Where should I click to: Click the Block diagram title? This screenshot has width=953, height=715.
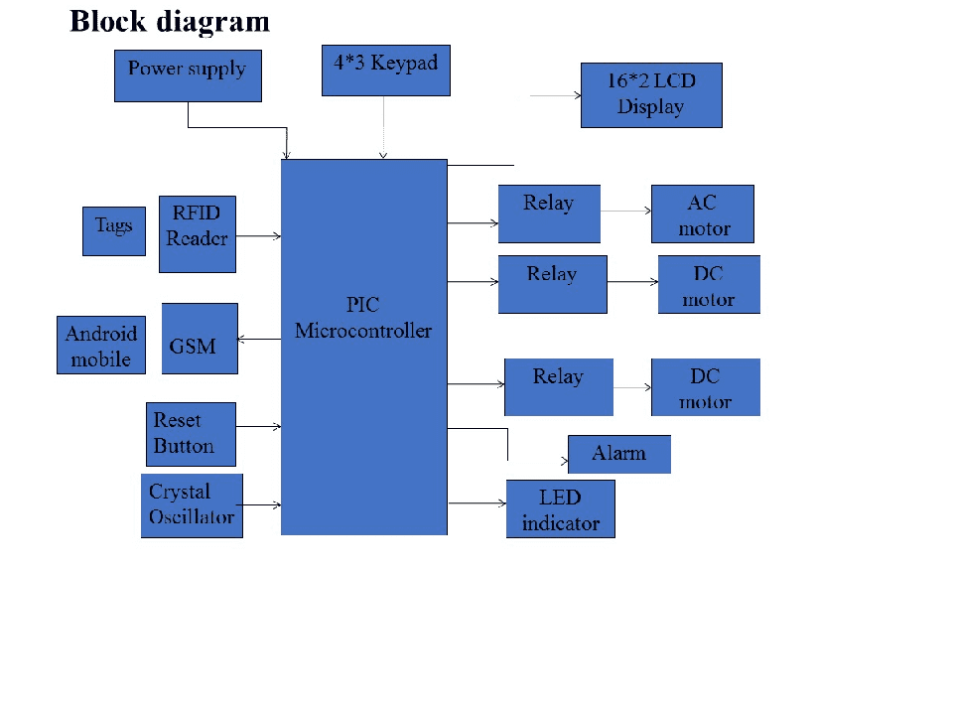pyautogui.click(x=170, y=22)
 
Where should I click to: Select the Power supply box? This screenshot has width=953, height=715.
pyautogui.click(x=188, y=75)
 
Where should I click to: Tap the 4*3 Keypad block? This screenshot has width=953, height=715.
pyautogui.click(x=385, y=70)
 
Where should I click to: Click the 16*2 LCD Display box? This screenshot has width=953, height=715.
pyautogui.click(x=651, y=95)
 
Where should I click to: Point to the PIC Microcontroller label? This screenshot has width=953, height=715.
pyautogui.click(x=363, y=318)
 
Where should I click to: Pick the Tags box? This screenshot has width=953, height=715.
pyautogui.click(x=113, y=231)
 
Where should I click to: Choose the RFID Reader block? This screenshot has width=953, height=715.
pyautogui.click(x=198, y=233)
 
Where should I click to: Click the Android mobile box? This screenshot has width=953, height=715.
pyautogui.click(x=101, y=345)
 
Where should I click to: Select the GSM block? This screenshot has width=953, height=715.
pyautogui.click(x=200, y=339)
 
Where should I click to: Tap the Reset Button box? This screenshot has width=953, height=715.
pyautogui.click(x=191, y=434)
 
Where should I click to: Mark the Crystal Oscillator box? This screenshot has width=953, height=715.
pyautogui.click(x=192, y=505)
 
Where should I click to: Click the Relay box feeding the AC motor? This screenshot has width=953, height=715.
pyautogui.click(x=549, y=214)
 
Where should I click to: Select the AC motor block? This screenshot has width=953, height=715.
pyautogui.click(x=703, y=214)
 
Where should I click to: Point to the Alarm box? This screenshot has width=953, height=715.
pyautogui.click(x=619, y=454)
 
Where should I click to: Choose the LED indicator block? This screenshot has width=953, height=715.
pyautogui.click(x=561, y=509)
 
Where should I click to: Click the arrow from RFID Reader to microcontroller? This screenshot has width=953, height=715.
pyautogui.click(x=259, y=236)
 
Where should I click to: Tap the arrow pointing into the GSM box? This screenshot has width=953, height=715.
pyautogui.click(x=259, y=340)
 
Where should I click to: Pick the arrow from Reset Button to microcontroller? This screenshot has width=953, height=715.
pyautogui.click(x=259, y=427)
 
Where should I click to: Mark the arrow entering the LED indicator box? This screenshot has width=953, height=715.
pyautogui.click(x=476, y=504)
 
